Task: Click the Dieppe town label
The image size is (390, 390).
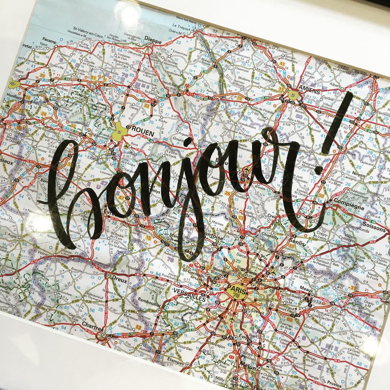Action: click(153, 41)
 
